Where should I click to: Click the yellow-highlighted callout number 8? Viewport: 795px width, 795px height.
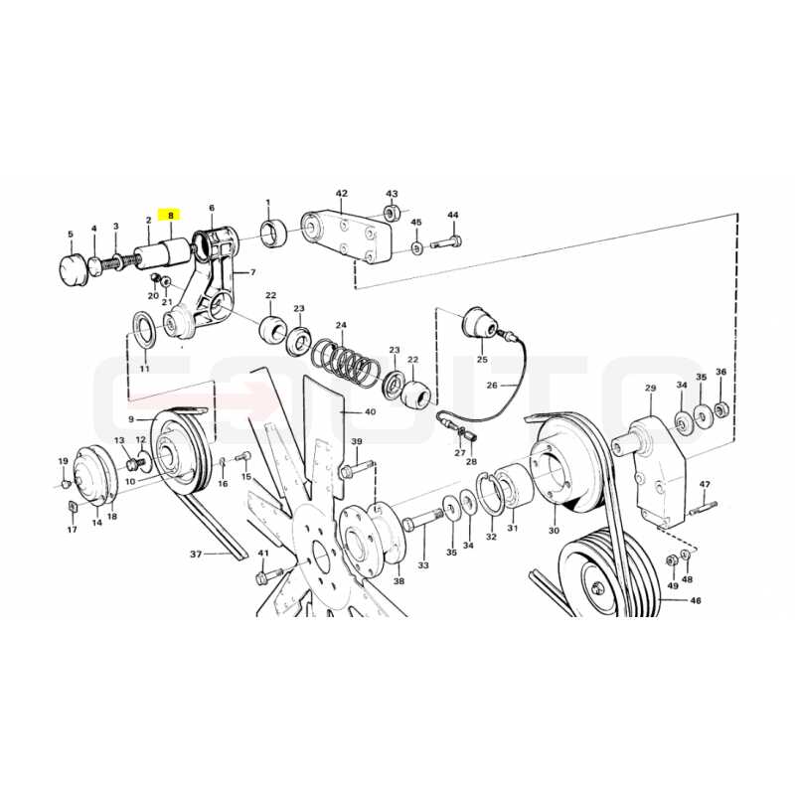click(170, 216)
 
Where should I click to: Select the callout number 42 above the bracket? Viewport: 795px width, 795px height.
click(342, 193)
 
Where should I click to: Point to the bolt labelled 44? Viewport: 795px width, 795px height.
click(446, 242)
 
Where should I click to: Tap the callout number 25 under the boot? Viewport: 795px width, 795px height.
click(482, 359)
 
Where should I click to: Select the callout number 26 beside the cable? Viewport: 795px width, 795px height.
click(492, 386)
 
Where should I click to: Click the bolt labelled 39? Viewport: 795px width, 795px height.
click(358, 469)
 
